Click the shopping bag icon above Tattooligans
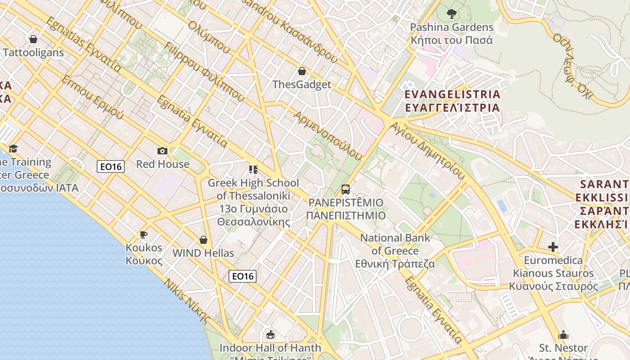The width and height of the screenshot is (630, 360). point(33,39)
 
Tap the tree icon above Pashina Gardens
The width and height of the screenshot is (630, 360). point(452,14)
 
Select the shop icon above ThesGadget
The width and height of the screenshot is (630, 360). point(302,71)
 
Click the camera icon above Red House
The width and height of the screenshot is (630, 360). point(162,151)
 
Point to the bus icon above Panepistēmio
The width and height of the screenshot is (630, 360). point(345,189)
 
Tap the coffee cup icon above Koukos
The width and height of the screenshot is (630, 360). point(144,234)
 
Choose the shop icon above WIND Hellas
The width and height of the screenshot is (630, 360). point(203,240)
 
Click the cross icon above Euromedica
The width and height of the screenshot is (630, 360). point(553,247)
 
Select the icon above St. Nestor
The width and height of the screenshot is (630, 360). point(563,335)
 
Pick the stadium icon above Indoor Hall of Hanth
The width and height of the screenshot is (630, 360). point(270,335)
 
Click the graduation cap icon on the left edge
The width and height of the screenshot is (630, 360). point(13,149)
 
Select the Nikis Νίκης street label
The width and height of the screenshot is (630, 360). point(187,301)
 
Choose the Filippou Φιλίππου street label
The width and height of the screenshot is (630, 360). point(204,72)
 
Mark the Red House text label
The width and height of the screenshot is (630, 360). point(163,164)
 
